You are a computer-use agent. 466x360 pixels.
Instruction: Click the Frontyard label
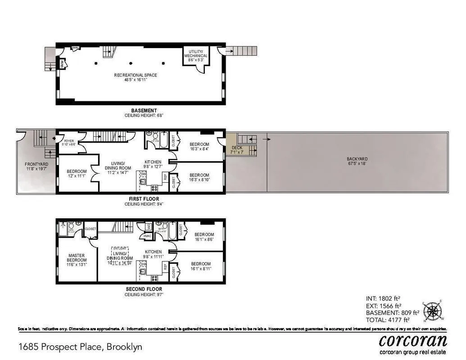(36, 167)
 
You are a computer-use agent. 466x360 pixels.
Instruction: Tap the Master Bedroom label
(77, 261)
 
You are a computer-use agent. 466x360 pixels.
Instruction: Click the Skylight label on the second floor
(119, 248)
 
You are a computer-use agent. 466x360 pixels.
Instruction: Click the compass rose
(433, 310)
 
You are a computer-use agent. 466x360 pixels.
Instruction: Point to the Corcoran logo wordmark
(413, 340)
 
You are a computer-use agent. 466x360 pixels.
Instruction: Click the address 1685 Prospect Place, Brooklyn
(80, 347)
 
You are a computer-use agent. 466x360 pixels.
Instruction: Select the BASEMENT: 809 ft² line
(393, 313)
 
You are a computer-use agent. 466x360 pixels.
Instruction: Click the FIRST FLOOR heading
(144, 199)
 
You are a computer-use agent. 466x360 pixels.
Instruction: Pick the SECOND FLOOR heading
(144, 289)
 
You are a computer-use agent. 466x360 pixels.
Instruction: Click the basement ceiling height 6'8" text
(144, 116)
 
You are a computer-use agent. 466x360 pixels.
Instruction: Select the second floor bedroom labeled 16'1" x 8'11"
(201, 266)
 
